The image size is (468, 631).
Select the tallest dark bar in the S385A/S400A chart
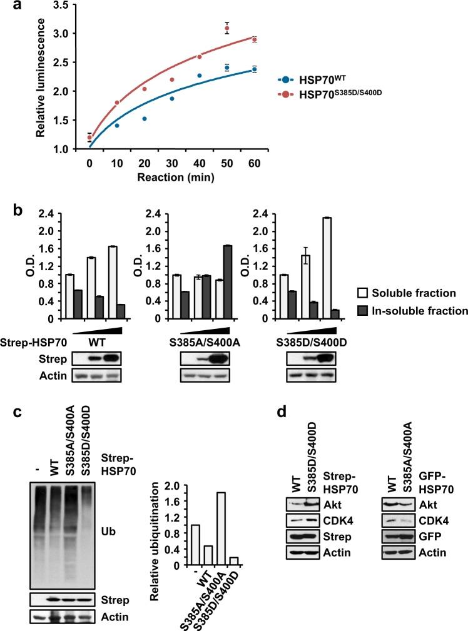pyautogui.click(x=223, y=281)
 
